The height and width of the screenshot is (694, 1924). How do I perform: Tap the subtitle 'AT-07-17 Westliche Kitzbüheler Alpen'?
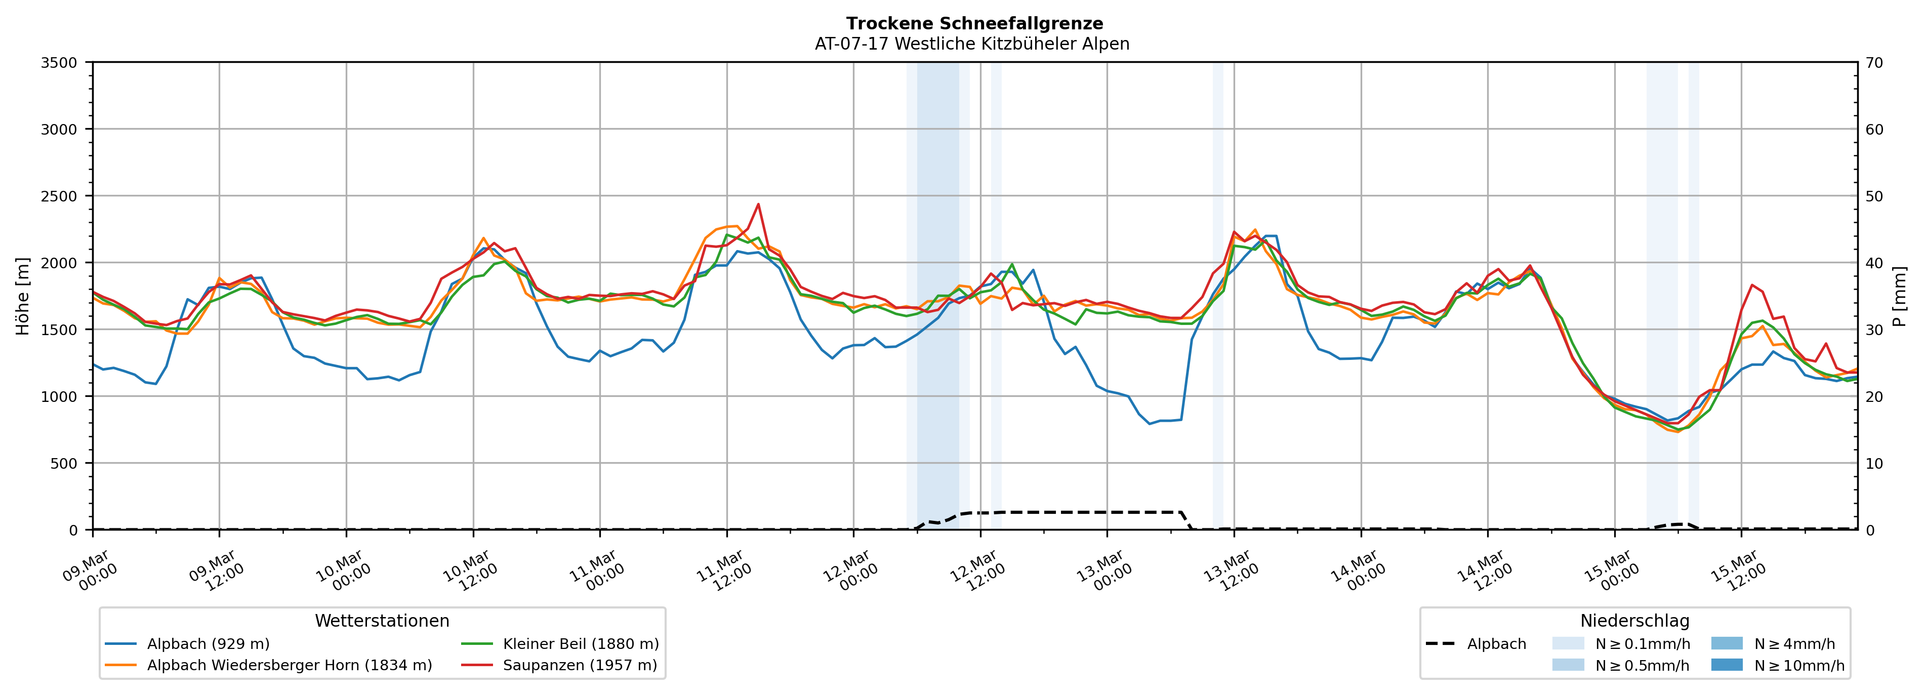[x=972, y=44]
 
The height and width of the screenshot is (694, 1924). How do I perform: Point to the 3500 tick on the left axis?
[x=59, y=63]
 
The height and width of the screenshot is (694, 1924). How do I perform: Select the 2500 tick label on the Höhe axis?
[x=59, y=196]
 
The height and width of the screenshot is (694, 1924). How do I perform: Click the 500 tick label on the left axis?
[x=63, y=463]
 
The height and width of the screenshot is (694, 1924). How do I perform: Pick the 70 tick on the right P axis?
[x=1874, y=63]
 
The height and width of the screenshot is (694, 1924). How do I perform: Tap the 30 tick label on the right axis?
[x=1874, y=330]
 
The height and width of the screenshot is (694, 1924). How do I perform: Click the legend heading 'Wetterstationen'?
[x=382, y=621]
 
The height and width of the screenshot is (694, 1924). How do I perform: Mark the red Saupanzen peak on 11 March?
[x=758, y=204]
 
